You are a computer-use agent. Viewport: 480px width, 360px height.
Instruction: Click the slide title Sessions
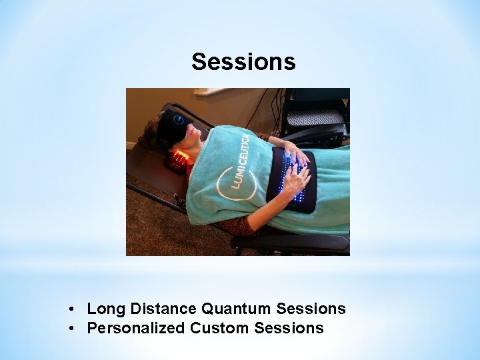point(243,62)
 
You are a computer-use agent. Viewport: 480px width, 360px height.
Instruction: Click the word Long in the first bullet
point(107,309)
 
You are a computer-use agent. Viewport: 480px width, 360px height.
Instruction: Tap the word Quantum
point(236,309)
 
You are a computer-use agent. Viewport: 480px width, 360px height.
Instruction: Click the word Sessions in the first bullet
point(311,309)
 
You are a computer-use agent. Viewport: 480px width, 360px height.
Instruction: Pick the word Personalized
point(136,328)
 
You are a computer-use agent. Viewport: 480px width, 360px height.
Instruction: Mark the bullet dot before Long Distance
point(71,309)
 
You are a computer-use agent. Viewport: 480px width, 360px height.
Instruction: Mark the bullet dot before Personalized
point(71,329)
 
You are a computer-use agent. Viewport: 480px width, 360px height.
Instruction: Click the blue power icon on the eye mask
point(179,119)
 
